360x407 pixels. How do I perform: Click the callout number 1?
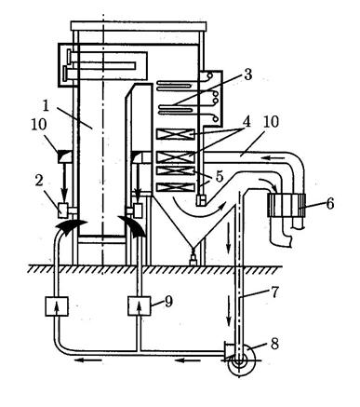[x=46, y=106]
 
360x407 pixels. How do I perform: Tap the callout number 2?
[x=39, y=181]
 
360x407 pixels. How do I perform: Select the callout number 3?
[x=247, y=75]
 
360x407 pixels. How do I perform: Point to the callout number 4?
[x=247, y=121]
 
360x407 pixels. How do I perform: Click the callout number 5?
[x=220, y=176]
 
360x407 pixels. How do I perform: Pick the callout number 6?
[x=329, y=204]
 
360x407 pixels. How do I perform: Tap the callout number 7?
[x=274, y=292]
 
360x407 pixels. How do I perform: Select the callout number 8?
[x=274, y=344]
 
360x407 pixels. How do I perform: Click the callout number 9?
[x=168, y=301]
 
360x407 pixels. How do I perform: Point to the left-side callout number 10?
[x=39, y=125]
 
